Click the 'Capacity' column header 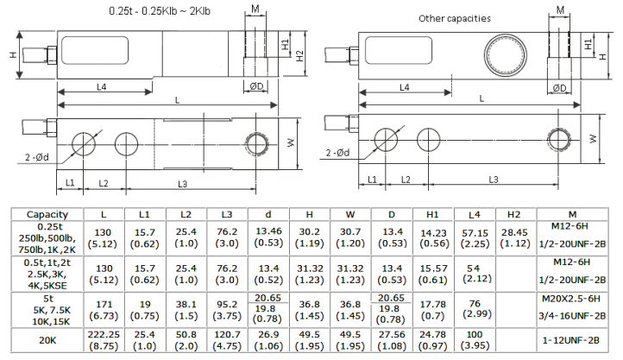pyautogui.click(x=41, y=213)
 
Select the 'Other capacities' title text pyautogui.click(x=455, y=18)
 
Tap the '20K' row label pyautogui.click(x=41, y=339)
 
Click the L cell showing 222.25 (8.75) pyautogui.click(x=104, y=339)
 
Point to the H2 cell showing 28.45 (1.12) pyautogui.click(x=514, y=237)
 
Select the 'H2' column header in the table pyautogui.click(x=514, y=213)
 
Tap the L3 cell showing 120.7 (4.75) pyautogui.click(x=226, y=339)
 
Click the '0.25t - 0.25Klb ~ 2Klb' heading pyautogui.click(x=160, y=11)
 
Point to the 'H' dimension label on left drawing pyautogui.click(x=13, y=54)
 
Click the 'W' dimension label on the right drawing pyautogui.click(x=593, y=138)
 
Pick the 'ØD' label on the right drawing pyautogui.click(x=558, y=87)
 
